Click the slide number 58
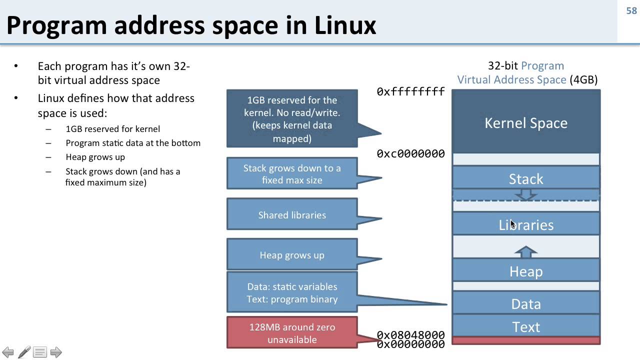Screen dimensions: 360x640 (x=631, y=10)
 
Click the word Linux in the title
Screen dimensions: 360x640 (x=345, y=25)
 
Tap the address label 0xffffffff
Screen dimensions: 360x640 (x=410, y=91)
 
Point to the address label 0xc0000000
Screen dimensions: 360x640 (x=410, y=154)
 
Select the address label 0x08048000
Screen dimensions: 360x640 (x=410, y=334)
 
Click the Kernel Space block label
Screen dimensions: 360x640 (x=526, y=123)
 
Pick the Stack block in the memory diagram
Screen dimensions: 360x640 (x=526, y=178)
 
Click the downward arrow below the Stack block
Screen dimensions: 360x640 (x=526, y=194)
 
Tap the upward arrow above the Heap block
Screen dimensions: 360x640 (x=526, y=251)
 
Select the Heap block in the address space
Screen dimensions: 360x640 (x=526, y=271)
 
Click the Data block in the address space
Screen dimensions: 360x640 (x=526, y=303)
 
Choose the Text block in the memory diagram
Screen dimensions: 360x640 (x=526, y=326)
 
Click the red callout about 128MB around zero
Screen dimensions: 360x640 (x=292, y=333)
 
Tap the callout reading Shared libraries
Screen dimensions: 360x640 (x=292, y=215)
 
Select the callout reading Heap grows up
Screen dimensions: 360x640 (x=292, y=255)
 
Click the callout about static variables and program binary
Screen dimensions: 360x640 (x=292, y=292)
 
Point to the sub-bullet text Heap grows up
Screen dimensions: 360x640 (x=95, y=157)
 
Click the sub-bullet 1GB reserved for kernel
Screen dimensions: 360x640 (x=112, y=129)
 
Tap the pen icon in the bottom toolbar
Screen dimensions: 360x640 (x=24, y=352)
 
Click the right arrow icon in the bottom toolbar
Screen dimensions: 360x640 (x=56, y=352)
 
